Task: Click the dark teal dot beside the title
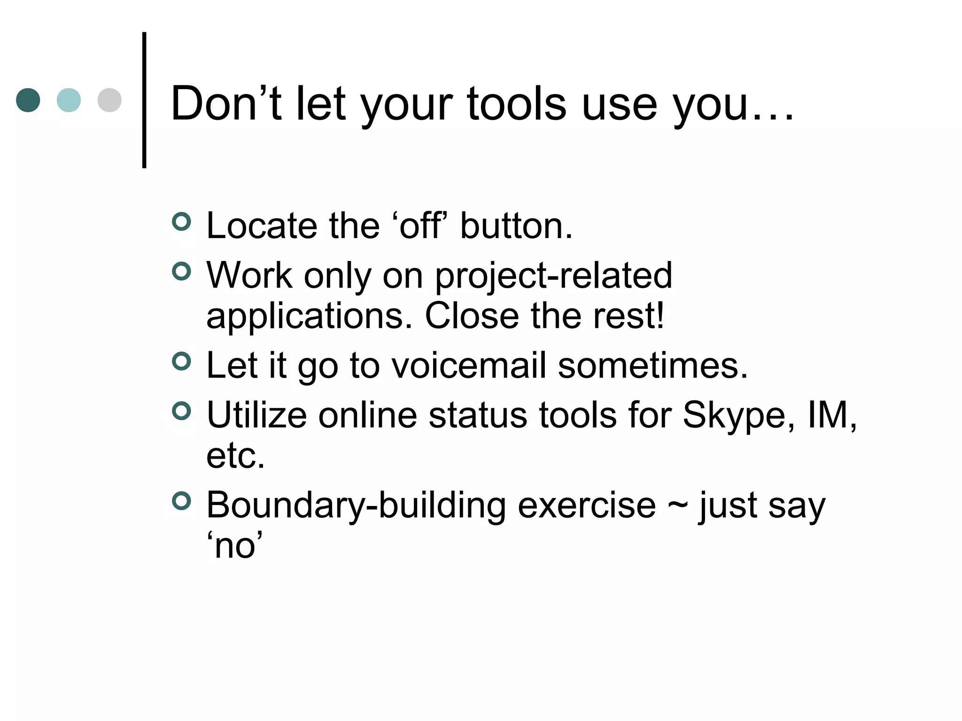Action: [28, 100]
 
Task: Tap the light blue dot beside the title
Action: [69, 100]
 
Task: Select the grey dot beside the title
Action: [109, 100]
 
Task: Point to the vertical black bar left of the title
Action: [144, 100]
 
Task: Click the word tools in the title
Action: [516, 104]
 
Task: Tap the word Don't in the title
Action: [226, 104]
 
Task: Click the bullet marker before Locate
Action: [182, 222]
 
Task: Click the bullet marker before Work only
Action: [182, 271]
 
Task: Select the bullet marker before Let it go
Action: [182, 361]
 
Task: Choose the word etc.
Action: [235, 456]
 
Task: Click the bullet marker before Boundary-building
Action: [182, 501]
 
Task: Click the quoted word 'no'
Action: [234, 546]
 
